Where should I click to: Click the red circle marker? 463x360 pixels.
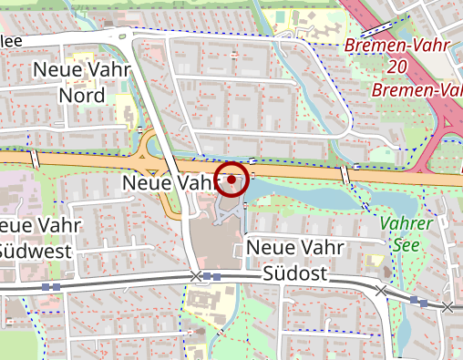click(x=232, y=180)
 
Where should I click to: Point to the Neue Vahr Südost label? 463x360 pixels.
click(x=294, y=261)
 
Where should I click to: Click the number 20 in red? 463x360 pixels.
click(x=396, y=67)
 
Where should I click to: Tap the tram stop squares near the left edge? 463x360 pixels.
click(x=51, y=286)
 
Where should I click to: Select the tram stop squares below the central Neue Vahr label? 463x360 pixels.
click(x=211, y=275)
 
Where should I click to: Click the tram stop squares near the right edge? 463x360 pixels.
click(x=418, y=300)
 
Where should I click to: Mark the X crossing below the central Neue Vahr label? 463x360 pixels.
click(x=195, y=275)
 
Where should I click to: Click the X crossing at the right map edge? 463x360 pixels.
click(x=448, y=308)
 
